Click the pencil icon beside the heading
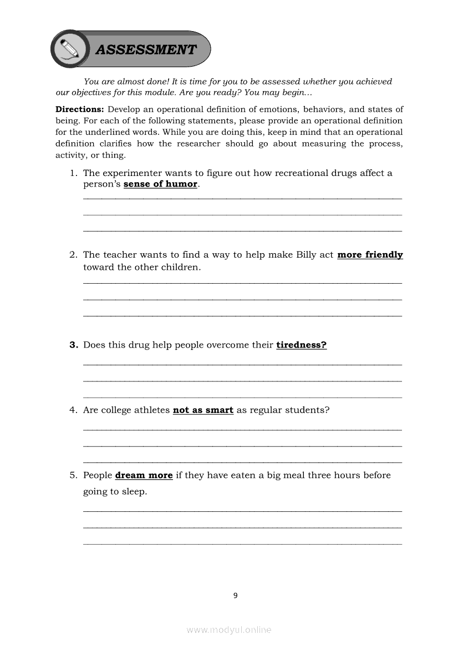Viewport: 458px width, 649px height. pyautogui.click(x=69, y=49)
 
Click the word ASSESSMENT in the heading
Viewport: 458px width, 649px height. pyautogui.click(x=146, y=50)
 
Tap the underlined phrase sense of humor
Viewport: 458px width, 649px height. pyautogui.click(x=160, y=184)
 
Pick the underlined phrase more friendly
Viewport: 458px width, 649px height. pyautogui.click(x=370, y=255)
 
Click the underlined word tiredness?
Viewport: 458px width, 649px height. pyautogui.click(x=301, y=345)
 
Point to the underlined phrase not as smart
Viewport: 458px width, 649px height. pyautogui.click(x=203, y=410)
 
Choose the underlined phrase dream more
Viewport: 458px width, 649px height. pyautogui.click(x=144, y=475)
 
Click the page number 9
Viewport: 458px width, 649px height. pyautogui.click(x=235, y=595)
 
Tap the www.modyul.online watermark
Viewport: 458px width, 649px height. pyautogui.click(x=229, y=630)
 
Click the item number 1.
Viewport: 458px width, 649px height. pyautogui.click(x=73, y=173)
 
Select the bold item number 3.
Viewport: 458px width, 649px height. pyautogui.click(x=73, y=345)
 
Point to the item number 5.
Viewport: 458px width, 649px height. pyautogui.click(x=73, y=475)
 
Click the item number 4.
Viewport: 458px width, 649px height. pyautogui.click(x=73, y=410)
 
